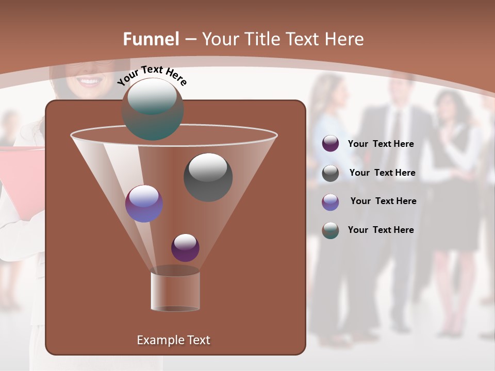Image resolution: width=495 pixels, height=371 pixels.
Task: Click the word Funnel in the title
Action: (x=151, y=39)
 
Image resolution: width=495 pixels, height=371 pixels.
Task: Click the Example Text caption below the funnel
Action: (x=173, y=340)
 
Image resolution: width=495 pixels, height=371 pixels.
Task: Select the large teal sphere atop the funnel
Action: (x=153, y=109)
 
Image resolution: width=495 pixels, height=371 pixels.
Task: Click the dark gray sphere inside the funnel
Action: (x=208, y=177)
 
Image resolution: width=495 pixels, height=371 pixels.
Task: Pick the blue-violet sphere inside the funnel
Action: (x=144, y=204)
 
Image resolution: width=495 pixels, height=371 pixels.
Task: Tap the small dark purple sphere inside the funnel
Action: (x=186, y=247)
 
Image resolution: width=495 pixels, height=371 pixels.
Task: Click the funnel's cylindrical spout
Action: (x=175, y=291)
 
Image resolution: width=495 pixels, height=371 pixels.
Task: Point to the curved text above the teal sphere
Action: (x=152, y=75)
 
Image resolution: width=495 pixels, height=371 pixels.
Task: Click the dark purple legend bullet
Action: (x=331, y=144)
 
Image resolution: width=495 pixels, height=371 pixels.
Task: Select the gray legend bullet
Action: (x=331, y=173)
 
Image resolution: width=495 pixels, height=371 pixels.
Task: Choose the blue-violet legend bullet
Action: (x=331, y=202)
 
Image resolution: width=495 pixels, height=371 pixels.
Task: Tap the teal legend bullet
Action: (x=331, y=230)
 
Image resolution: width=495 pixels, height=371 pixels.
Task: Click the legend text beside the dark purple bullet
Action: (x=381, y=144)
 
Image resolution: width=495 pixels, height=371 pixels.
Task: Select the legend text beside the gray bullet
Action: (x=382, y=173)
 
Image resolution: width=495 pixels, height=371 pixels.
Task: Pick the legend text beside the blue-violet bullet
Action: (x=383, y=201)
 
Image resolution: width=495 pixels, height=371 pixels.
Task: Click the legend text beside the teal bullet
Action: (x=381, y=230)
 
